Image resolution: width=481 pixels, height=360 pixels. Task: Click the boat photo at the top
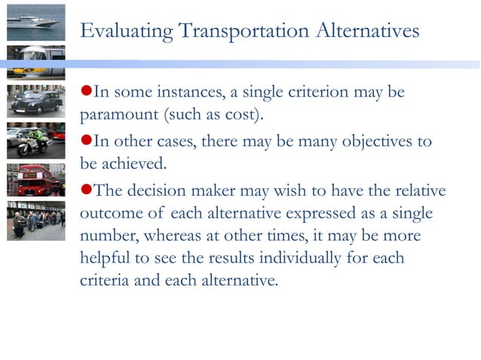pos(35,22)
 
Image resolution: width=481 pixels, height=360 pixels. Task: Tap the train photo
pos(35,62)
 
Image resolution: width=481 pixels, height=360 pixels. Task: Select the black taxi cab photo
pos(35,101)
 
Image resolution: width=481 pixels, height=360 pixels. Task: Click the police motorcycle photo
pos(35,141)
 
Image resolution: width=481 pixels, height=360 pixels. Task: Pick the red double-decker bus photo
pos(35,180)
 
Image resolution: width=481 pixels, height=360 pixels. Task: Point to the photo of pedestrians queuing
pos(35,219)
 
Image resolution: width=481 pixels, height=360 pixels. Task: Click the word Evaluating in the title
pos(128,32)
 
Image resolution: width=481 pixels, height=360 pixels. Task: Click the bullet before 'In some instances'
pos(85,92)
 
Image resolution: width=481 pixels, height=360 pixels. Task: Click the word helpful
pos(103,259)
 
